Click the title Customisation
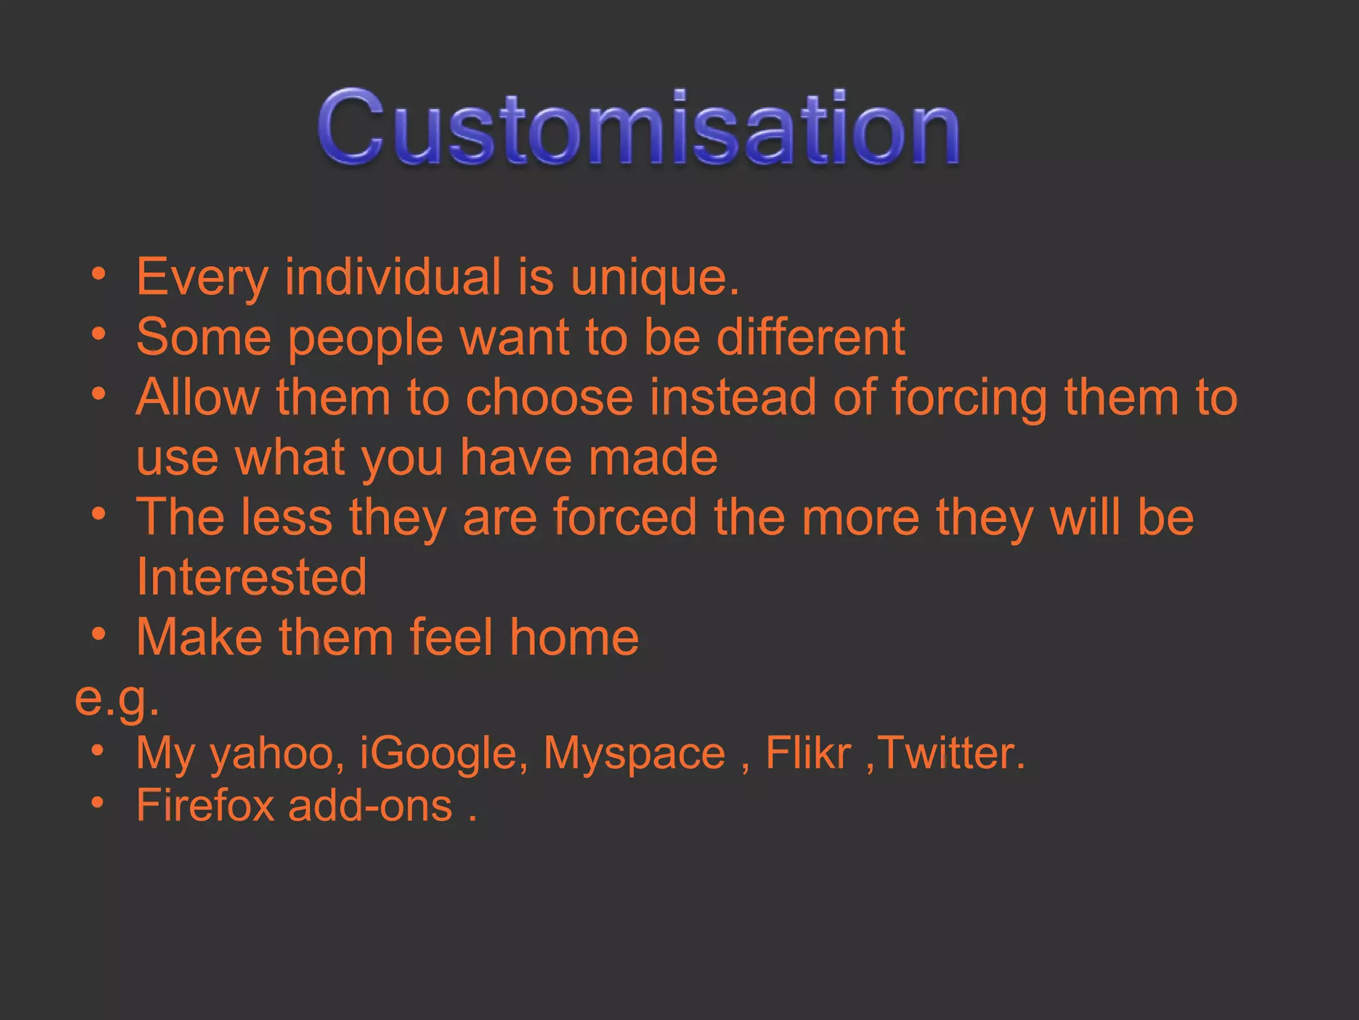638,127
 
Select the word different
810,337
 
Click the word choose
549,397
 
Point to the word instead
733,397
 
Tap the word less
286,517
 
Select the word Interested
251,577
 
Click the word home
574,637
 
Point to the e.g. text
117,699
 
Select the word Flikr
808,753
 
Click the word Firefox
205,806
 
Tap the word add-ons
370,806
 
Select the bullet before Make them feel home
99,634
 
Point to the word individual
393,276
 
